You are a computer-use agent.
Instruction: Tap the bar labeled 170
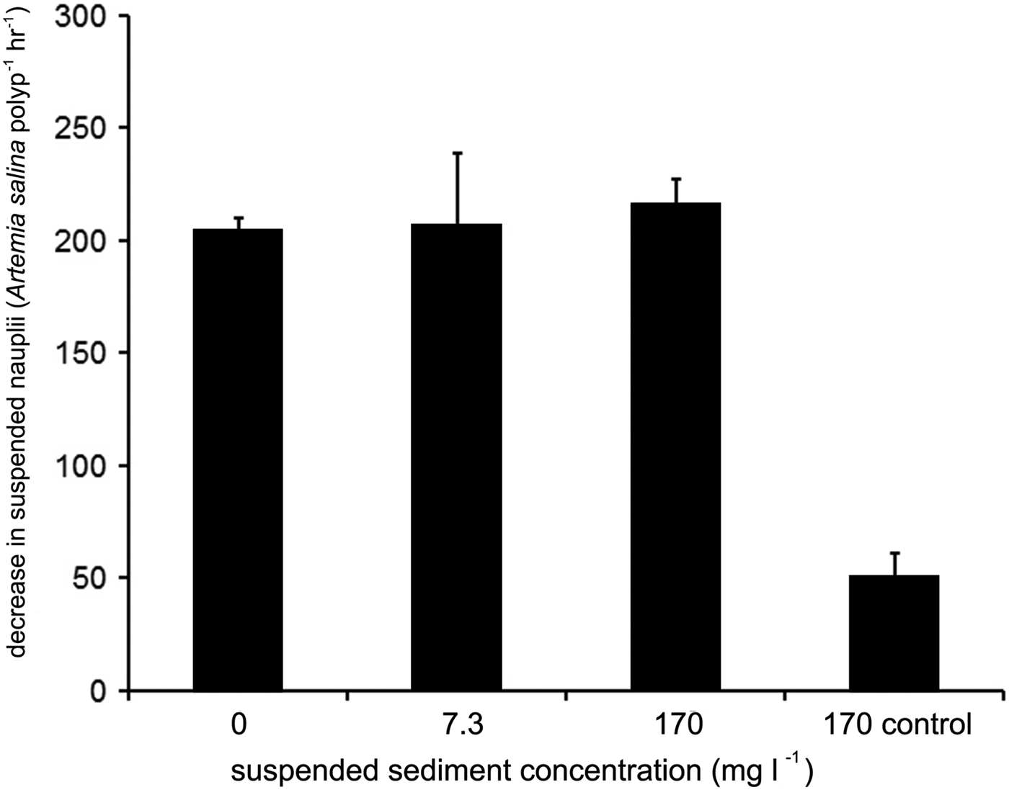(x=675, y=446)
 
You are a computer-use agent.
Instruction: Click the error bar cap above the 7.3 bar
(x=457, y=153)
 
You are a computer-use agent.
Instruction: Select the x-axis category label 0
(x=238, y=724)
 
